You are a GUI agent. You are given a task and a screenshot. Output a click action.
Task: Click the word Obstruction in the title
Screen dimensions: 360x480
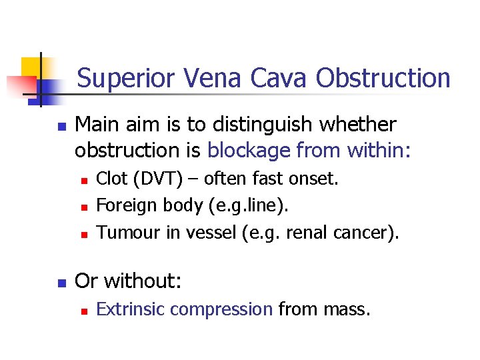pos(383,79)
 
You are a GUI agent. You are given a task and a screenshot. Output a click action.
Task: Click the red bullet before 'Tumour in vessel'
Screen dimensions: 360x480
pos(83,233)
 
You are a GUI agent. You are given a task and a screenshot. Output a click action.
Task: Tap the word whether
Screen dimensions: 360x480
pos(360,125)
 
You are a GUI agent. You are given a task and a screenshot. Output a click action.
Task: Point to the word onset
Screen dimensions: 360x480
pos(315,179)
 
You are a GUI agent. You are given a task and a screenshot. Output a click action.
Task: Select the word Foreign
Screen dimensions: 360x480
pos(125,206)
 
